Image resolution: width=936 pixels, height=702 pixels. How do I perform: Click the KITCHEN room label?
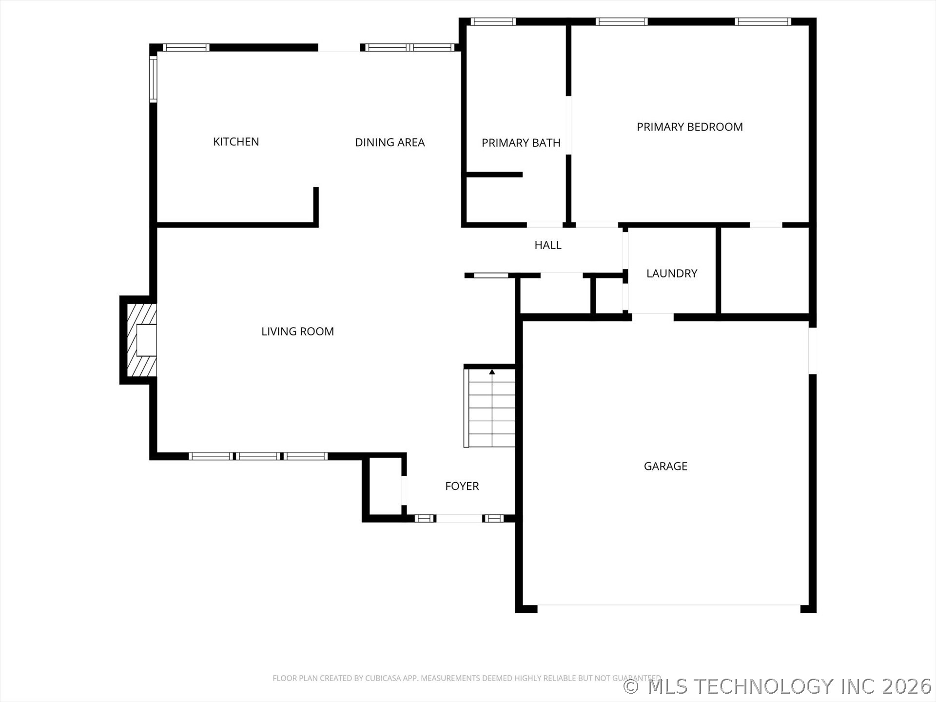pos(236,142)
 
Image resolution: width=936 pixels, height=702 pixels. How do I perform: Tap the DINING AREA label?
pos(390,142)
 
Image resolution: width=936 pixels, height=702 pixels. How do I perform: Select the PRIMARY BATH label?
pos(521,143)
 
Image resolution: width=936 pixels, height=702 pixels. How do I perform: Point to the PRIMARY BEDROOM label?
pos(689,127)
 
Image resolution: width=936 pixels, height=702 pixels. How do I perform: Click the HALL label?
pos(547,245)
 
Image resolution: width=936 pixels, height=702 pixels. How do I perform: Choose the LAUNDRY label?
pos(671,273)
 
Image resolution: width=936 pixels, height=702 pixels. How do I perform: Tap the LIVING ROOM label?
pos(297,331)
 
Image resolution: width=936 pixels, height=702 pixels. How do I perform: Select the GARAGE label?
pos(665,467)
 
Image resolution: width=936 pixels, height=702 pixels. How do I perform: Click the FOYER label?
pos(462,486)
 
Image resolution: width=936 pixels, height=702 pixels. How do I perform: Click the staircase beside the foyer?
pos(491,409)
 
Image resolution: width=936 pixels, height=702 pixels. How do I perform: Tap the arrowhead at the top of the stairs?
pos(492,372)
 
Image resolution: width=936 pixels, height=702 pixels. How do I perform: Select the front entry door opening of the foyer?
pos(459,518)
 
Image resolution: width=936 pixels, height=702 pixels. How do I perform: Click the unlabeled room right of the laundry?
pos(764,271)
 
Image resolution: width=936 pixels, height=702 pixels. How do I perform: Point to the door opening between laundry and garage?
pos(653,317)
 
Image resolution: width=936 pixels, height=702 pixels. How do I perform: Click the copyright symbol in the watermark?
pos(631,686)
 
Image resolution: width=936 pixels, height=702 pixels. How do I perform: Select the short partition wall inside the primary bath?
pos(494,175)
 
